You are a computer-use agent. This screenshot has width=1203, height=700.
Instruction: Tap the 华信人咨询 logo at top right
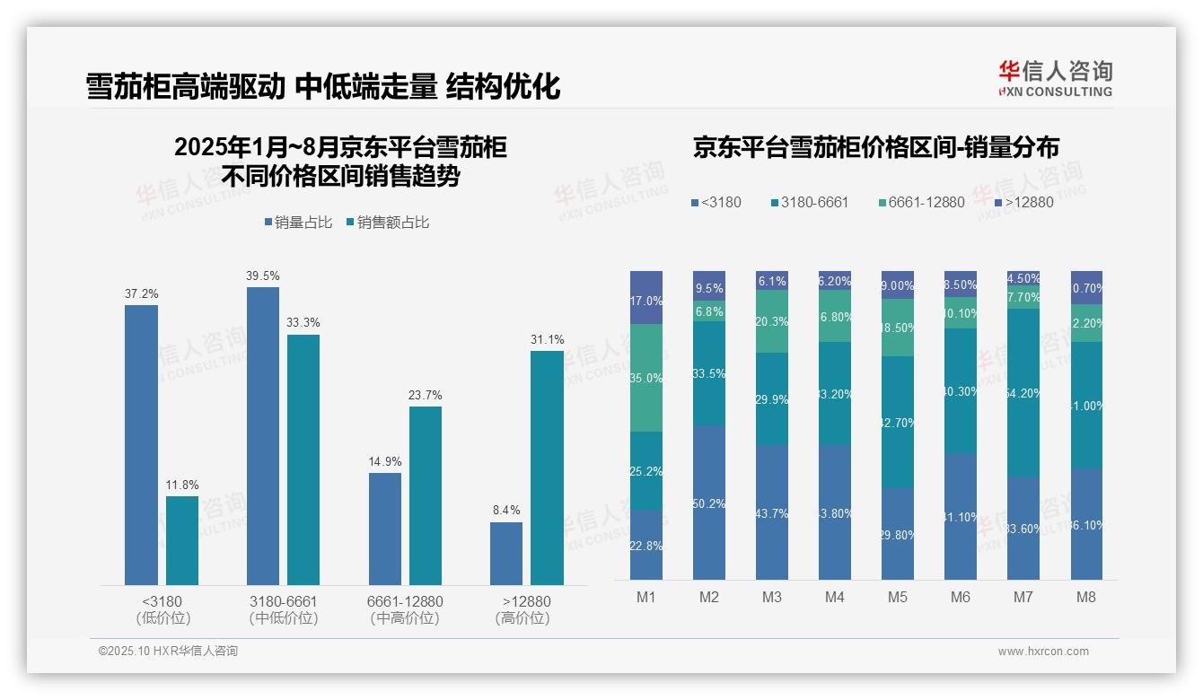tap(1055, 79)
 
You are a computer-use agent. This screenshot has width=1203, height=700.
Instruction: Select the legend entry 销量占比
tap(302, 223)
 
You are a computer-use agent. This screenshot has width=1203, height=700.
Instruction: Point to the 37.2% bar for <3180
tap(141, 444)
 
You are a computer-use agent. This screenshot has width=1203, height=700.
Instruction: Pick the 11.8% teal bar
tap(182, 540)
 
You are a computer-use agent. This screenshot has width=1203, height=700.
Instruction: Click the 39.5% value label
tap(262, 276)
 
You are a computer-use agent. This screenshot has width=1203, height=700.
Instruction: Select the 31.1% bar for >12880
tap(547, 467)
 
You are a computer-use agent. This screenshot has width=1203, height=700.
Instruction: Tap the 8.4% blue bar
tap(506, 554)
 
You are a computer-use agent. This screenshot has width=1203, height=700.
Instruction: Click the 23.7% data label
tap(426, 395)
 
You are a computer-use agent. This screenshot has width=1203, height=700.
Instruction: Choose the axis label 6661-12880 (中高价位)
tap(405, 609)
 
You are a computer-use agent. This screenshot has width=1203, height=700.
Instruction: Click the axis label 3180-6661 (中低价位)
tap(283, 609)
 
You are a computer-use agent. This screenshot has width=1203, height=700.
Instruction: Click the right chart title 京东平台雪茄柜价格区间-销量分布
tap(875, 147)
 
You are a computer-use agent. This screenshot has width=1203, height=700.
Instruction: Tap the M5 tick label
tap(898, 597)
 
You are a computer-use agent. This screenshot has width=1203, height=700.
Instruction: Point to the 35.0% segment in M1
tap(646, 378)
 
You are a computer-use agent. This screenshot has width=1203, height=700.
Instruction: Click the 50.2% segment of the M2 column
tap(709, 503)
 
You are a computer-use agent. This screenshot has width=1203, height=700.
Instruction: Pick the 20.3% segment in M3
tap(772, 321)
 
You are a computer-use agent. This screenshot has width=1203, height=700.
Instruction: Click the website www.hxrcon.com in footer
tap(1043, 652)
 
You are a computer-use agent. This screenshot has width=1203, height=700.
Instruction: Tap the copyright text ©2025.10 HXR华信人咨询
tap(168, 652)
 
